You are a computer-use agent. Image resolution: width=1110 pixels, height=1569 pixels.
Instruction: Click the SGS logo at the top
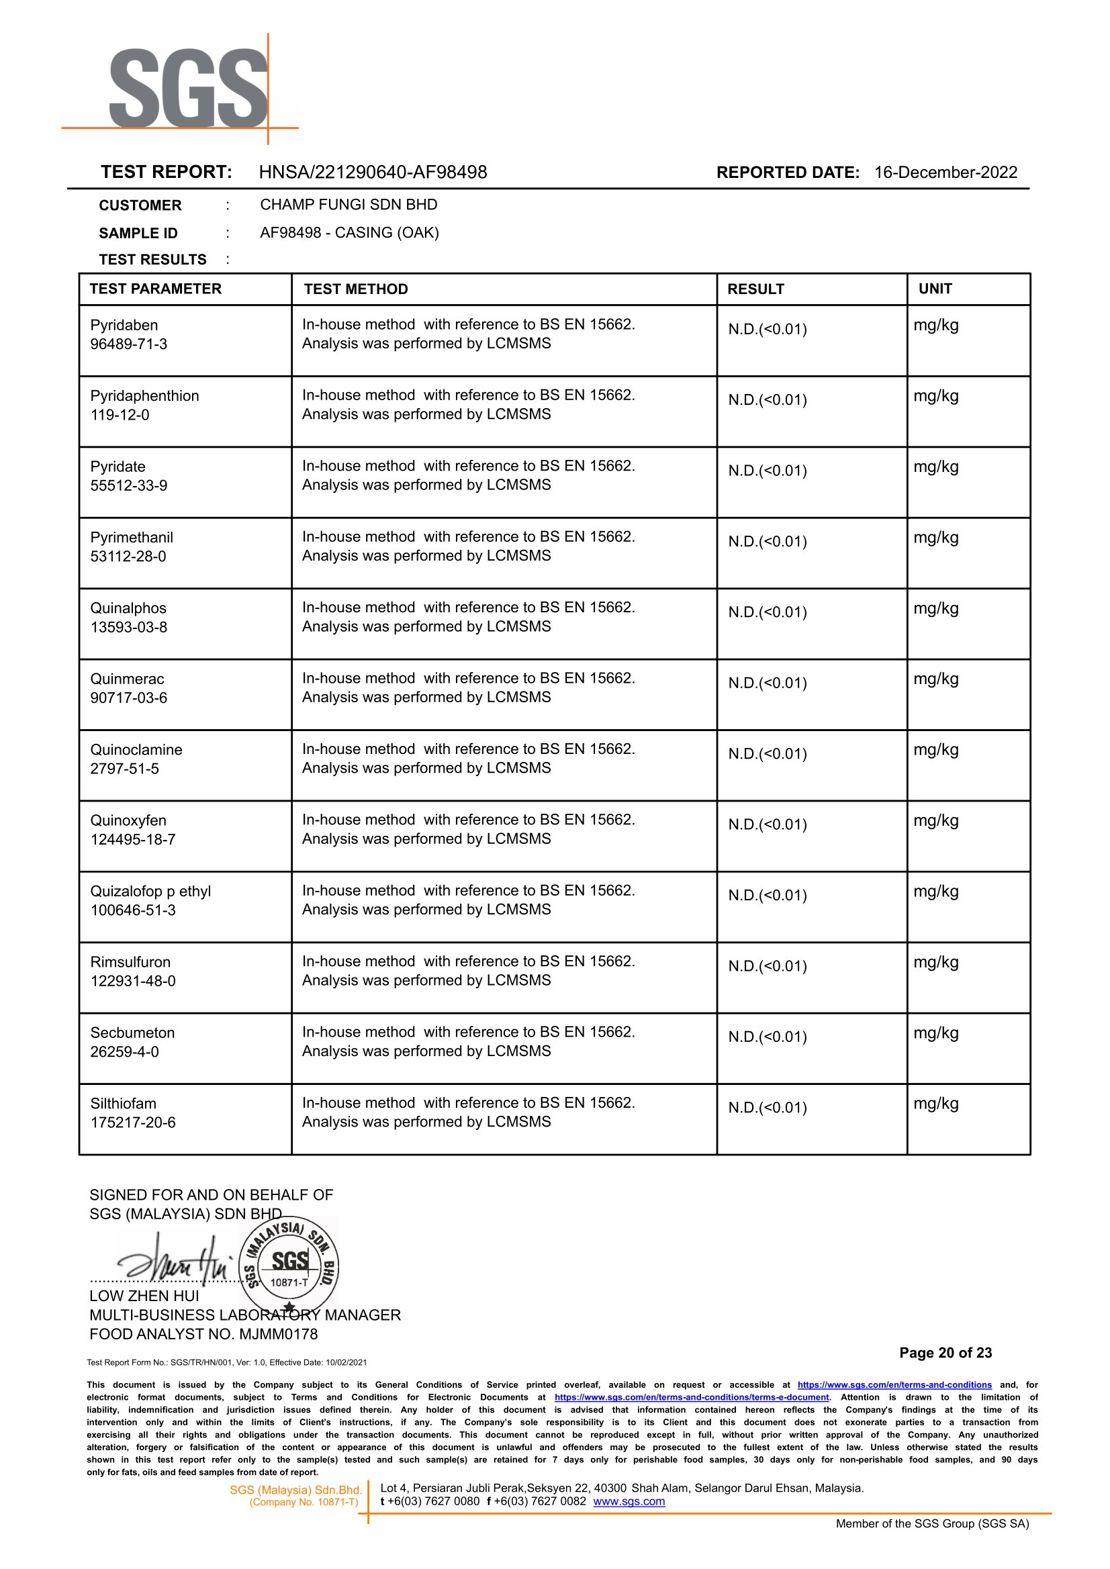click(188, 87)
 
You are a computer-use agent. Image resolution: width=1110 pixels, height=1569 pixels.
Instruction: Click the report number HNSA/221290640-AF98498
click(373, 172)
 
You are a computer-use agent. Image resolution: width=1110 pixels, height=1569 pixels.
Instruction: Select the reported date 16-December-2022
click(945, 172)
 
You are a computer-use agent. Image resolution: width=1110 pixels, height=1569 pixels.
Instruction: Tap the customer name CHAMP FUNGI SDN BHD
click(349, 204)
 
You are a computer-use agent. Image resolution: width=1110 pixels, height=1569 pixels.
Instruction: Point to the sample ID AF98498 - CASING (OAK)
click(349, 232)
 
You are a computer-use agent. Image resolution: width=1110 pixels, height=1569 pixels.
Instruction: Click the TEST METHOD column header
click(355, 289)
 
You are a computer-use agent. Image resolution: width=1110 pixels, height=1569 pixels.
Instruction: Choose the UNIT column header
click(935, 289)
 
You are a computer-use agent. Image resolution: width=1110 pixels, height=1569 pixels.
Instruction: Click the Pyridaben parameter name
click(124, 325)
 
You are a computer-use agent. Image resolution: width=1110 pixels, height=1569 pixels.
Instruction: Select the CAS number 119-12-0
click(120, 415)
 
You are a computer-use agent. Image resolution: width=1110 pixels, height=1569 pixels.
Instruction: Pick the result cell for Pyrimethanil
click(768, 542)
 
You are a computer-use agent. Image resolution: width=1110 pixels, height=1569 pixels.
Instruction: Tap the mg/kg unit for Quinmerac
click(935, 679)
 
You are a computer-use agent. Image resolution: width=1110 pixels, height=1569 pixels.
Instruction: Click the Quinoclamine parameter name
click(136, 750)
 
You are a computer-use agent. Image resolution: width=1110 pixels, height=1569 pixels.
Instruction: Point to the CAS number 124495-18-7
click(132, 839)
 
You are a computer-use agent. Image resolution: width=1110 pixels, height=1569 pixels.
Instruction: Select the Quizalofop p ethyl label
click(150, 891)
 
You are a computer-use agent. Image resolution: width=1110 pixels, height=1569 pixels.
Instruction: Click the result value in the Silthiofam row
click(768, 1108)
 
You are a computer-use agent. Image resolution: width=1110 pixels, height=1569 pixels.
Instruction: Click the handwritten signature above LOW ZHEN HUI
click(175, 1259)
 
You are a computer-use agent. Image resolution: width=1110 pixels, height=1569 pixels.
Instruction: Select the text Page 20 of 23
click(945, 1352)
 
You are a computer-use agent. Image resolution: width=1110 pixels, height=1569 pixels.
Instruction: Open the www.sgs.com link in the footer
click(629, 1501)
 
